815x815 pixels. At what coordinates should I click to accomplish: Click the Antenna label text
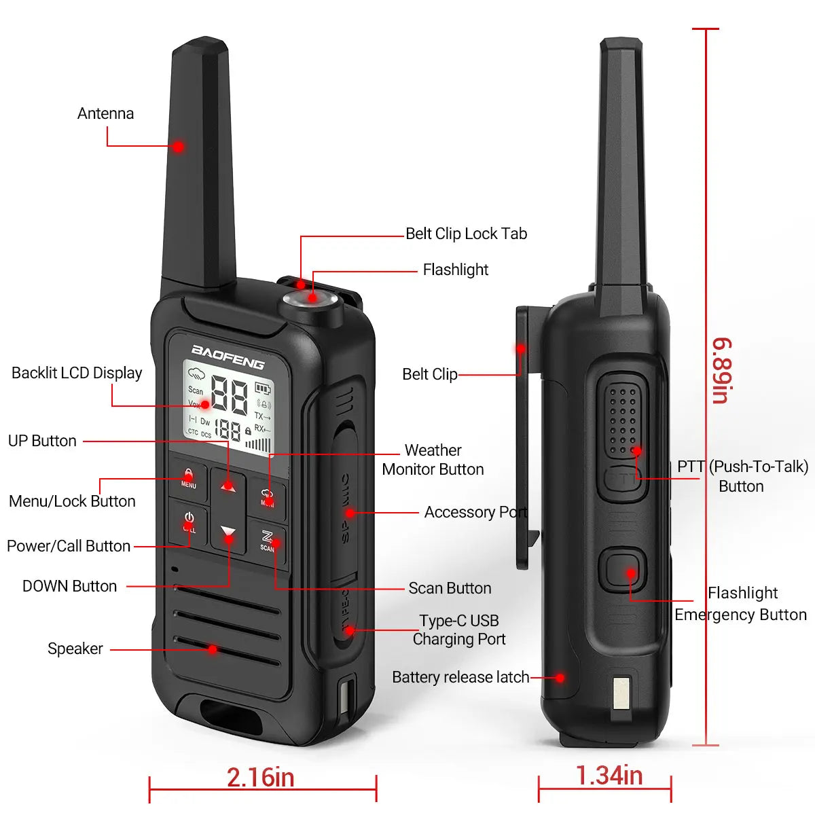point(105,113)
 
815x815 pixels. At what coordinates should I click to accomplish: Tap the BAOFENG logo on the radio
point(228,357)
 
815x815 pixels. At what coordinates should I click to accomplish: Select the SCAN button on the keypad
point(267,541)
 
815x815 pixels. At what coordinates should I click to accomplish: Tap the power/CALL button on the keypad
point(189,522)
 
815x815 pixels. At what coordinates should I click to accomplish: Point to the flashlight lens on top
point(312,299)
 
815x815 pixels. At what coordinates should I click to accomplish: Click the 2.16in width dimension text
point(261,778)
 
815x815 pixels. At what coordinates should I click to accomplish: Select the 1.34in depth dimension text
point(609,776)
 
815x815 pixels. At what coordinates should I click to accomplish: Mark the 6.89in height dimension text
point(721,370)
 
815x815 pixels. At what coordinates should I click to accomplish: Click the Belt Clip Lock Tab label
point(466,234)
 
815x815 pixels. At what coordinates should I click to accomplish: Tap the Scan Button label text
point(450,588)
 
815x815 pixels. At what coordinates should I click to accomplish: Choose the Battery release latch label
point(460,677)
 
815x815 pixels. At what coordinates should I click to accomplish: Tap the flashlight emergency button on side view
point(622,569)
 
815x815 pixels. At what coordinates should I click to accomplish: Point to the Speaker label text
point(75,649)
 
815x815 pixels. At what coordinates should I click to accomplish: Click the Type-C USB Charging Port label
point(459,630)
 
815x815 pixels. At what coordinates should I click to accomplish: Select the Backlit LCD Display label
point(77,373)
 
